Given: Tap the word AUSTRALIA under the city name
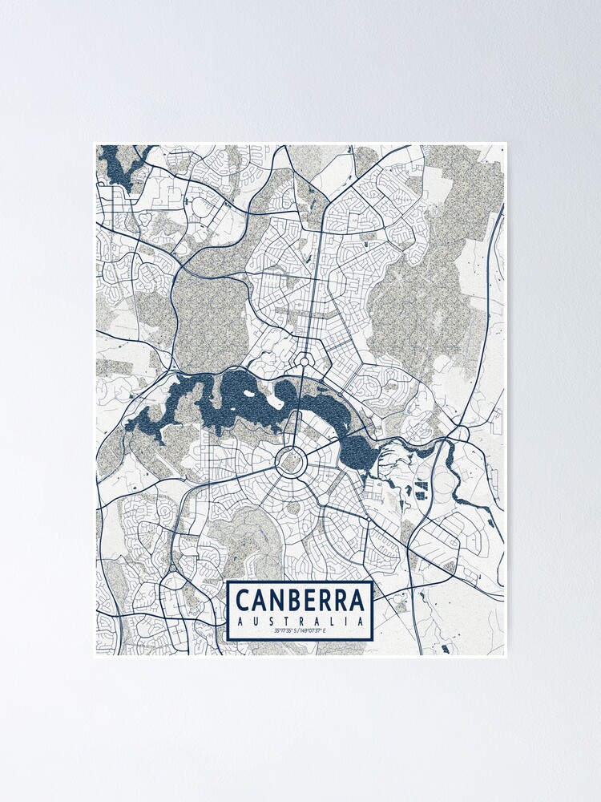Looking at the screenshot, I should [300, 621].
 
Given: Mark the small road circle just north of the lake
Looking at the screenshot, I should [304, 360].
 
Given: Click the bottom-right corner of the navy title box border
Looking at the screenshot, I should [372, 638].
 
